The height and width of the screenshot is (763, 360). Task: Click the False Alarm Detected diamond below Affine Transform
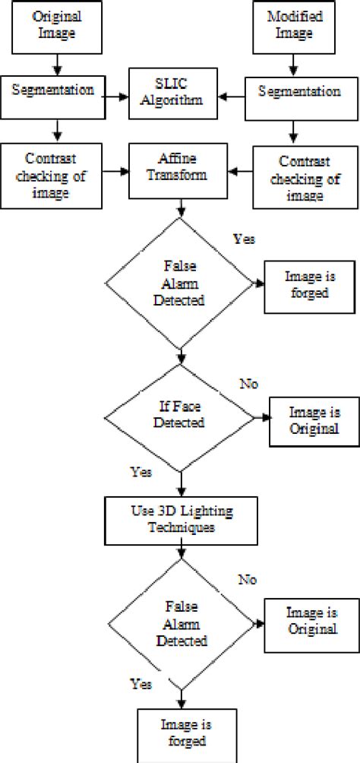[x=181, y=283]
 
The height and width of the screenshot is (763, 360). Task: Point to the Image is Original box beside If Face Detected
[x=311, y=419]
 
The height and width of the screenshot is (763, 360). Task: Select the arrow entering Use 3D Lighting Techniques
[x=181, y=483]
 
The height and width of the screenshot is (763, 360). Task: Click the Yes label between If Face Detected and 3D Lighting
[x=141, y=471]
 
